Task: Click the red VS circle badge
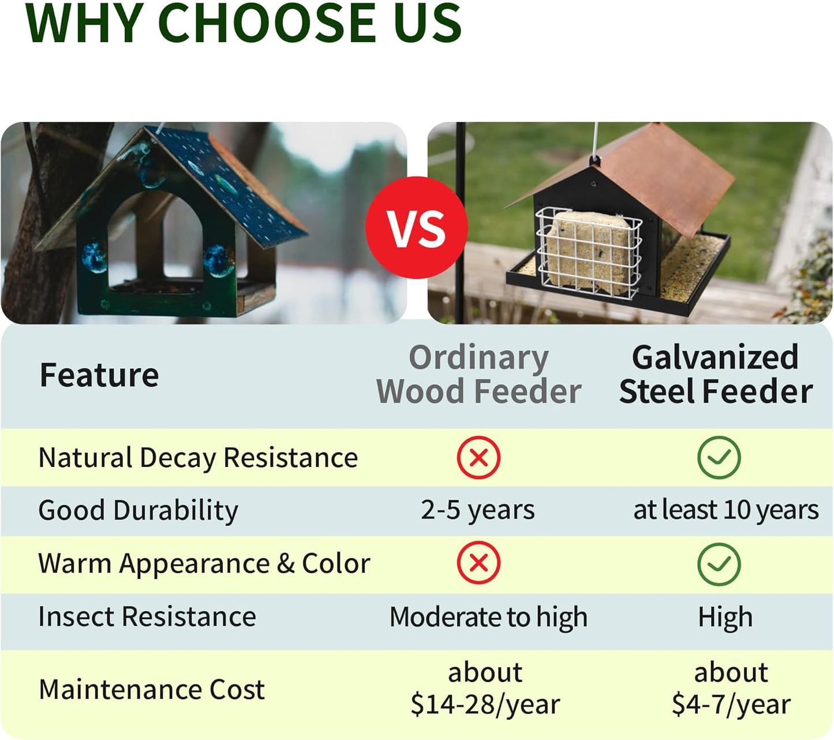pyautogui.click(x=416, y=227)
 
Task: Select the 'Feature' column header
pyautogui.click(x=99, y=375)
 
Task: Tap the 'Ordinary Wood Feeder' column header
pyautogui.click(x=478, y=375)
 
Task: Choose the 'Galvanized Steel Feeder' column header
pyautogui.click(x=716, y=375)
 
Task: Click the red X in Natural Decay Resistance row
pyautogui.click(x=478, y=458)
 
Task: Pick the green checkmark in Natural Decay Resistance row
pyautogui.click(x=719, y=458)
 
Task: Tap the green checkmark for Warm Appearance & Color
pyautogui.click(x=719, y=564)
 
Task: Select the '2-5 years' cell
pyautogui.click(x=477, y=510)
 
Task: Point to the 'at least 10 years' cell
pyautogui.click(x=725, y=510)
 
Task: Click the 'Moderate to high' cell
pyautogui.click(x=488, y=617)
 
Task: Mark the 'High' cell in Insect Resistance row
pyautogui.click(x=725, y=617)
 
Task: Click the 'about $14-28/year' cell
pyautogui.click(x=485, y=689)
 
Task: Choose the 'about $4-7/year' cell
pyautogui.click(x=731, y=689)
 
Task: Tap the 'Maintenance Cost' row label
pyautogui.click(x=152, y=690)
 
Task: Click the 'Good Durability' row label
pyautogui.click(x=138, y=511)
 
